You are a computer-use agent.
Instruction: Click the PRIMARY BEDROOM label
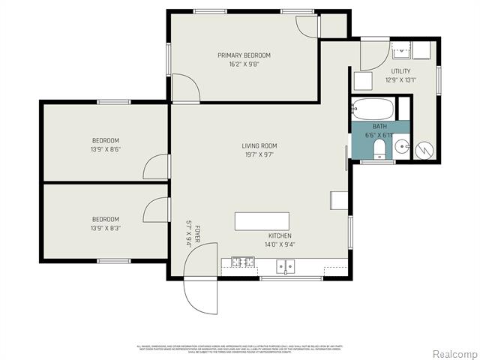pos(244,55)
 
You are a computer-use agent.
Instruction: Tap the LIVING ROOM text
pos(259,145)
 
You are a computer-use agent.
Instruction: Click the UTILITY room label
pos(400,71)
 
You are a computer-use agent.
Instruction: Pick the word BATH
pos(379,127)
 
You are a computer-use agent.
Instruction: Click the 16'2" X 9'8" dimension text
pos(244,64)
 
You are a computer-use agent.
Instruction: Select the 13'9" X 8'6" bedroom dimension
pos(106,149)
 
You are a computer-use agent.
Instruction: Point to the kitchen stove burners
pos(242,262)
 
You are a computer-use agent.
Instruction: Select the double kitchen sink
pos(285,265)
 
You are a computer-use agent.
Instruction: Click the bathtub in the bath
pos(373,108)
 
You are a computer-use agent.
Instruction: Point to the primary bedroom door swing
pos(185,87)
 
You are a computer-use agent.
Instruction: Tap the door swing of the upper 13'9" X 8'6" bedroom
pos(157,166)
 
